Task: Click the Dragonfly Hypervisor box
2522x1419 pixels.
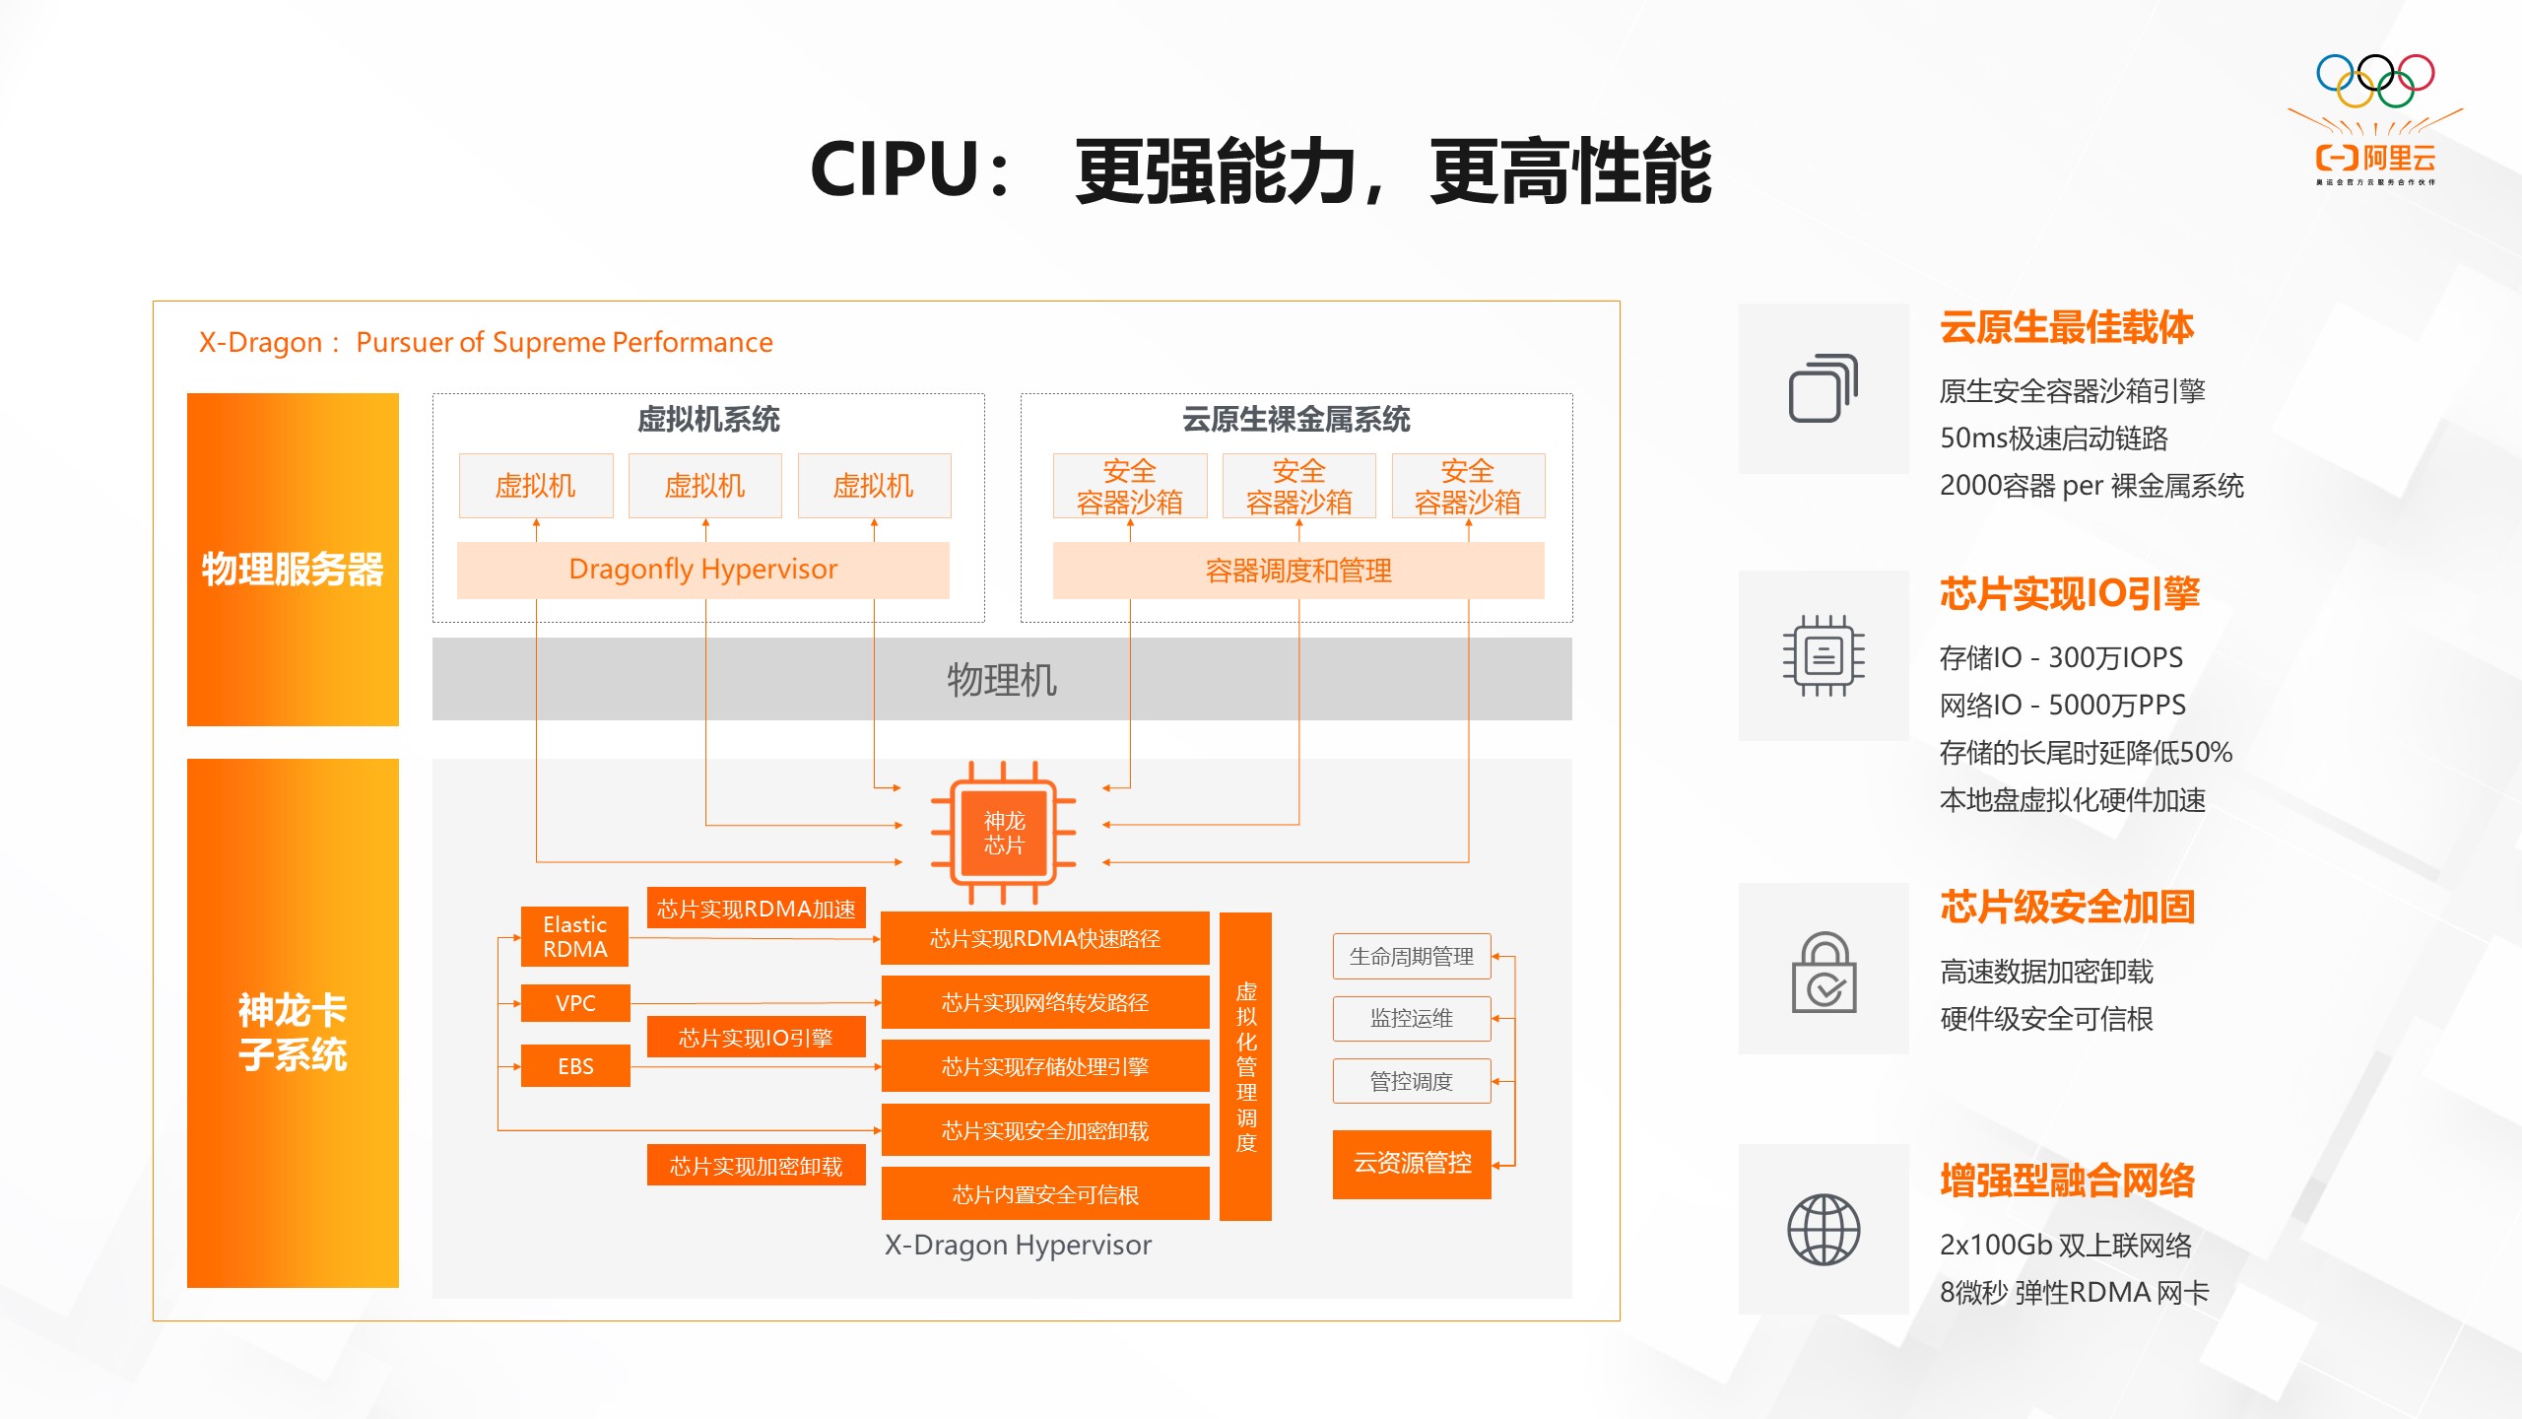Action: coord(702,570)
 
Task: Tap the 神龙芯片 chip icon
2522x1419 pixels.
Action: coord(1004,833)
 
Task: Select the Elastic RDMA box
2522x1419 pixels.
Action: coord(574,936)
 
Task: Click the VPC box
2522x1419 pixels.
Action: coord(574,1003)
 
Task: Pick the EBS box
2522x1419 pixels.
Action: coord(574,1066)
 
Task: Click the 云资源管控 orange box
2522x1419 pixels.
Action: coord(1411,1164)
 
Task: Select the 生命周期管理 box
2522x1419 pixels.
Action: coord(1411,956)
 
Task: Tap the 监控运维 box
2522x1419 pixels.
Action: coord(1411,1018)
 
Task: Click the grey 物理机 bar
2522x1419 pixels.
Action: coord(1001,679)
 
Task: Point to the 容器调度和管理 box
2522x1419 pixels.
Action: coord(1297,571)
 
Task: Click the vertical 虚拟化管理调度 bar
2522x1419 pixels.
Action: coord(1245,1066)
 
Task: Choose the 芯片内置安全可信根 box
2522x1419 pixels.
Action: coord(1044,1194)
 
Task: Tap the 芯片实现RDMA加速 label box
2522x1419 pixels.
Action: coord(756,909)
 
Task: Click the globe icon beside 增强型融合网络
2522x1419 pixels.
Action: coord(1824,1229)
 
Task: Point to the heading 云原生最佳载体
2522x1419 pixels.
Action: coord(2066,327)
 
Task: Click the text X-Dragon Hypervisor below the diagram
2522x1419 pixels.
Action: coord(1018,1245)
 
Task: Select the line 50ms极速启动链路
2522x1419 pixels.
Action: coord(2053,438)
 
